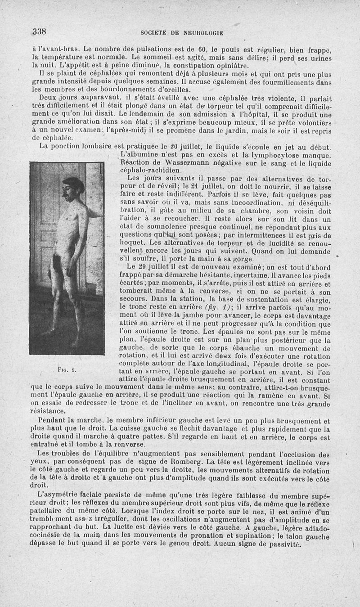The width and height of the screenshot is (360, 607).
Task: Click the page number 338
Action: coord(40,31)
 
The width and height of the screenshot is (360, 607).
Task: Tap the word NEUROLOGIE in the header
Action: coord(201,33)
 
